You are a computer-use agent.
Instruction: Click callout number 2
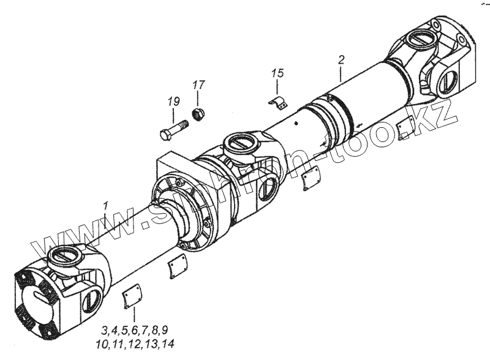pos(341,60)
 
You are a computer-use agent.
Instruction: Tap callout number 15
pos(277,73)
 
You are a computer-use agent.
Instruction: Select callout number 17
pos(198,84)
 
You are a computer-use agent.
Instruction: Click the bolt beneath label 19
pos(175,130)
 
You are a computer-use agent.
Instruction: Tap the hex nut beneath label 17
pos(198,113)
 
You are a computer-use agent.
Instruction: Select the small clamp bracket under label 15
pos(277,102)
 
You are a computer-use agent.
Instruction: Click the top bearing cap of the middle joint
pos(238,144)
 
